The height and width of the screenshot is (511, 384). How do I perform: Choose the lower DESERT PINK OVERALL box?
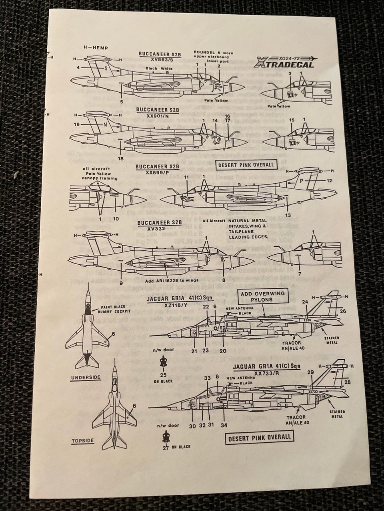[260, 437]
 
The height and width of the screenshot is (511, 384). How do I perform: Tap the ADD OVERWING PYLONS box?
[263, 297]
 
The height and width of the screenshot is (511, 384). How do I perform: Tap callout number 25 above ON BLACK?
[163, 375]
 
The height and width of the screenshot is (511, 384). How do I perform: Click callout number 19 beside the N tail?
[76, 125]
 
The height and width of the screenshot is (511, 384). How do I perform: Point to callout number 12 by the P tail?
[329, 181]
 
